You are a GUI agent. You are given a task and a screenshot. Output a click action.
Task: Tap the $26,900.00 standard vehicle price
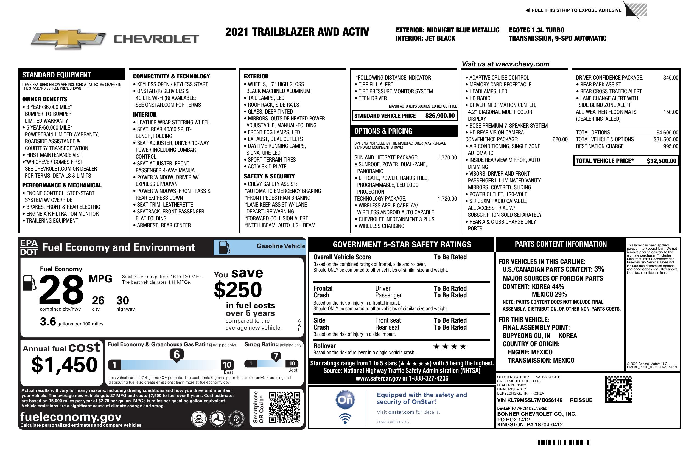[440, 116]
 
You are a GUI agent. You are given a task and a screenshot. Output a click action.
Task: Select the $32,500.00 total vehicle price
[662, 161]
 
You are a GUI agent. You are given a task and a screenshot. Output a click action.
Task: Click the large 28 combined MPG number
[61, 289]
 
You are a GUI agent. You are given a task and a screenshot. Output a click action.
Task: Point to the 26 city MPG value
[98, 300]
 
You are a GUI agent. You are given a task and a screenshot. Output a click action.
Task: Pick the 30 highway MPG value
[123, 300]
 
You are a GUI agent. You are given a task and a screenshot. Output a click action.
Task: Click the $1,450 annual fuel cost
[65, 365]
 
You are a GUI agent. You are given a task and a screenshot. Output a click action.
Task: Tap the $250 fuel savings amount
[238, 290]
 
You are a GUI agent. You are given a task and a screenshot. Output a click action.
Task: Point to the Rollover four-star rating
[450, 347]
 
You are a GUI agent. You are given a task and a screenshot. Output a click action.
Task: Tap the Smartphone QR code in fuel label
[284, 407]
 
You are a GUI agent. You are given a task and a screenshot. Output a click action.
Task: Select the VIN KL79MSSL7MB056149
[530, 400]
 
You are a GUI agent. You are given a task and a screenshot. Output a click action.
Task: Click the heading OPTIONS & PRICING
[383, 131]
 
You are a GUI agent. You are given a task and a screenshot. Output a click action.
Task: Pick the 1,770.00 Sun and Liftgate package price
[447, 157]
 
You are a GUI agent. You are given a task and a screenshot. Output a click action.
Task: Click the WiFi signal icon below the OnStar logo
[345, 419]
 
